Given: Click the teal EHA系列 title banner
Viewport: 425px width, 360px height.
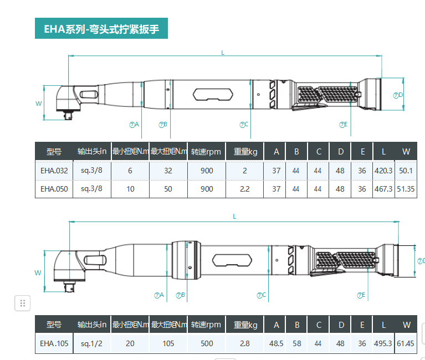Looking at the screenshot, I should pyautogui.click(x=101, y=29).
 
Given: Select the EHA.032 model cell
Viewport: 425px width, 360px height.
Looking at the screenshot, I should pyautogui.click(x=54, y=171).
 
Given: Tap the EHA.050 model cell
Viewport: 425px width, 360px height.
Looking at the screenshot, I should pyautogui.click(x=54, y=188).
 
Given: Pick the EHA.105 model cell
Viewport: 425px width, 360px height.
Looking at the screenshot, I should pyautogui.click(x=54, y=343).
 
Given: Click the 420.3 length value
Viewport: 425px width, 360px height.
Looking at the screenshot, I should pyautogui.click(x=383, y=171).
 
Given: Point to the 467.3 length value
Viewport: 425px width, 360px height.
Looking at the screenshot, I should pyautogui.click(x=383, y=188).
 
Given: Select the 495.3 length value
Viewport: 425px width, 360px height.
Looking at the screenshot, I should pyautogui.click(x=383, y=343).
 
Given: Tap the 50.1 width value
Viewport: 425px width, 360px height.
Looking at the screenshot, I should pyautogui.click(x=406, y=171).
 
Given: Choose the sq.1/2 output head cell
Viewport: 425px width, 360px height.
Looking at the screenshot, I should pyautogui.click(x=92, y=343).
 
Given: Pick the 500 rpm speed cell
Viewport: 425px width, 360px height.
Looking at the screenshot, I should pyautogui.click(x=207, y=343).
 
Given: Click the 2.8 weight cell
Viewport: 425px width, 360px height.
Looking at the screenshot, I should pyautogui.click(x=245, y=343).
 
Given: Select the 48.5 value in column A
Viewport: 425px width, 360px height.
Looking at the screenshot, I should pyautogui.click(x=276, y=343).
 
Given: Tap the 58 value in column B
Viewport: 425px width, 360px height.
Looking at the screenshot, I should pyautogui.click(x=297, y=343).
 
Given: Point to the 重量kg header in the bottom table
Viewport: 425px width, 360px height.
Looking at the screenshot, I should pyautogui.click(x=245, y=325).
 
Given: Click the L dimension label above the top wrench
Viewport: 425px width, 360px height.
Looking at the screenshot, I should pyautogui.click(x=223, y=53).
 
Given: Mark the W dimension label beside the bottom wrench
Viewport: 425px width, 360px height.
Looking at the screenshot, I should pyautogui.click(x=38, y=272).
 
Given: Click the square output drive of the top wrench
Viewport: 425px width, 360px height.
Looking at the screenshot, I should pyautogui.click(x=70, y=116).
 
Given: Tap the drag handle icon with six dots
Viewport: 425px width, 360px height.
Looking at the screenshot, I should pyautogui.click(x=23, y=303).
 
